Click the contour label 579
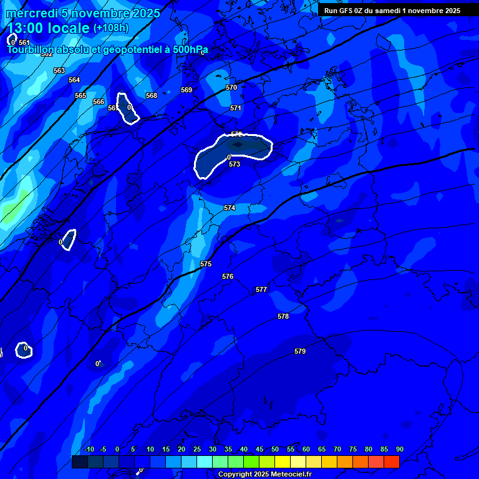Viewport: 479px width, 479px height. tap(300, 352)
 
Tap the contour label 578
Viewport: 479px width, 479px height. tap(283, 317)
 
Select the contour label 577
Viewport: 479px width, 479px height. tap(261, 290)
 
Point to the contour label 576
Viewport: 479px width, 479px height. tap(228, 276)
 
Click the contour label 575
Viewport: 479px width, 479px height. tap(206, 264)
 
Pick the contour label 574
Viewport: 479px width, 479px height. tap(230, 208)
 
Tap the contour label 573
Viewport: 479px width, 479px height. tap(235, 165)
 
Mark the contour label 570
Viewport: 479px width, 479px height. tap(231, 88)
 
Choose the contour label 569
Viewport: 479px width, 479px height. tap(186, 90)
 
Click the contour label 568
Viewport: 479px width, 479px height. tap(152, 96)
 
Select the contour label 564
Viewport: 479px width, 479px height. tap(74, 80)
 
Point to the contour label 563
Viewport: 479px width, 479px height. tap(59, 71)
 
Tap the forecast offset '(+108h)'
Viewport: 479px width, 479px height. tap(111, 28)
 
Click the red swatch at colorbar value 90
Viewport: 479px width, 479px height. tap(392, 462)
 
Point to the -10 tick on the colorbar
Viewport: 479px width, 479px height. tap(89, 450)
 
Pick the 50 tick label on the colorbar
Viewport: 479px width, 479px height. tap(275, 450)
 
